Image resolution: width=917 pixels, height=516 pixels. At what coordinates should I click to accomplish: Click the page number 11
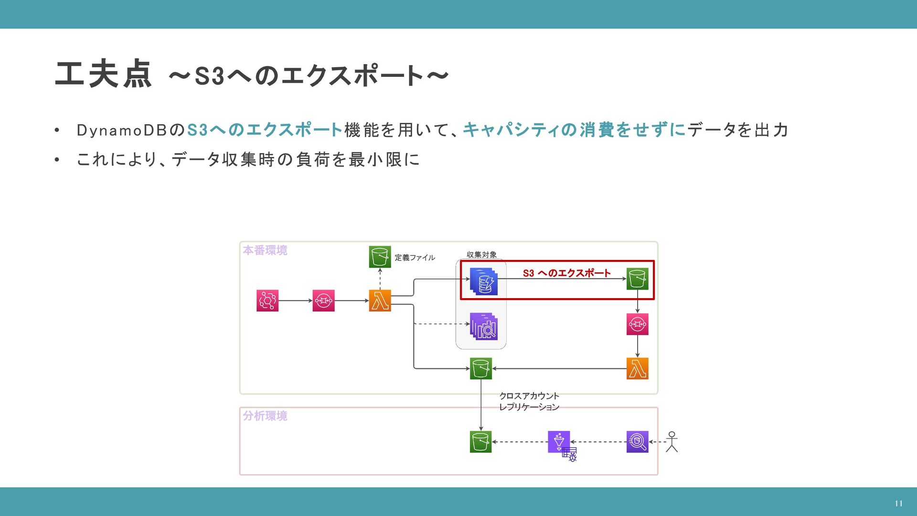pyautogui.click(x=898, y=504)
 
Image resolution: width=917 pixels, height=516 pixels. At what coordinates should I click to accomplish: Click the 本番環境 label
pyautogui.click(x=265, y=250)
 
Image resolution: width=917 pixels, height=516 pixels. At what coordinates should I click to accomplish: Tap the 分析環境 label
pyautogui.click(x=265, y=416)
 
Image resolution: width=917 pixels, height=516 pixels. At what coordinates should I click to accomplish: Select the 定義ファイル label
pyautogui.click(x=415, y=258)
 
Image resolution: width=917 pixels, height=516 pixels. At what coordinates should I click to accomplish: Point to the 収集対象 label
pyautogui.click(x=481, y=255)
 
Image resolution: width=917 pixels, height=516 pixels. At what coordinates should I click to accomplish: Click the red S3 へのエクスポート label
pyautogui.click(x=566, y=273)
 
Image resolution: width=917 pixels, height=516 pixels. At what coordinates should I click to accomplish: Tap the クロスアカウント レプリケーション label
pyautogui.click(x=529, y=401)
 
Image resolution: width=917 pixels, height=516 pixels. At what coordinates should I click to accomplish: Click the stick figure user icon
pyautogui.click(x=672, y=442)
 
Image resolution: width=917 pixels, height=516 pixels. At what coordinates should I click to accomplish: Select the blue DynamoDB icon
pyautogui.click(x=484, y=281)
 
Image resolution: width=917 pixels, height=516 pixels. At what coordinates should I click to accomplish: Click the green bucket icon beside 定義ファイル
pyautogui.click(x=380, y=257)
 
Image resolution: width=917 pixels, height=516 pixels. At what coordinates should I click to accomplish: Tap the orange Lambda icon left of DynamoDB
pyautogui.click(x=380, y=301)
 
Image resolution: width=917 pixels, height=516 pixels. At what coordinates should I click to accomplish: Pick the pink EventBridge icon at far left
pyautogui.click(x=267, y=301)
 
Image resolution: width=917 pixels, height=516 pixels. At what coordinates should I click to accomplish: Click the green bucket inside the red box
pyautogui.click(x=637, y=279)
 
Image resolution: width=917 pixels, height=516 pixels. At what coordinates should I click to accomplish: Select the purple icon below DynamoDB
pyautogui.click(x=484, y=327)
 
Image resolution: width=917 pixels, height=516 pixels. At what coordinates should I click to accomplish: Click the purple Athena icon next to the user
pyautogui.click(x=637, y=442)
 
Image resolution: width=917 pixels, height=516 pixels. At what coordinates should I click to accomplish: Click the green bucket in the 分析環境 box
pyautogui.click(x=480, y=442)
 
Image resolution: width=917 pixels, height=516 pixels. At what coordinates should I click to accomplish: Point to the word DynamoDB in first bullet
pyautogui.click(x=122, y=130)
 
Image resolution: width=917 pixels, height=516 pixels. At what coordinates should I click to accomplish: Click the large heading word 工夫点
pyautogui.click(x=103, y=75)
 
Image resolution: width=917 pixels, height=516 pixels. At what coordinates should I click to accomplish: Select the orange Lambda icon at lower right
pyautogui.click(x=637, y=369)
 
